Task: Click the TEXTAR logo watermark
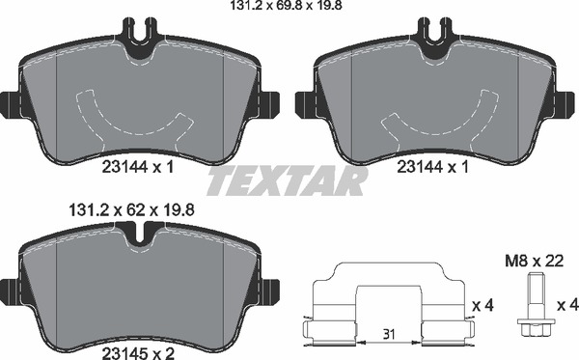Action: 288,180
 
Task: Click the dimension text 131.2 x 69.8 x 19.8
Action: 287,5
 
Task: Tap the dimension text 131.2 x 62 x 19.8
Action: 131,210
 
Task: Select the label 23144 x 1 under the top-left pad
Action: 137,168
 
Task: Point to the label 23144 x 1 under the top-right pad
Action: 432,168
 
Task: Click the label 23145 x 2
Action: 138,353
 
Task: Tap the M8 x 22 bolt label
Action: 534,261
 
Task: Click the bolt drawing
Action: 534,304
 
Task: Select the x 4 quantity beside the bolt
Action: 566,306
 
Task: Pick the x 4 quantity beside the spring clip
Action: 483,306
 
